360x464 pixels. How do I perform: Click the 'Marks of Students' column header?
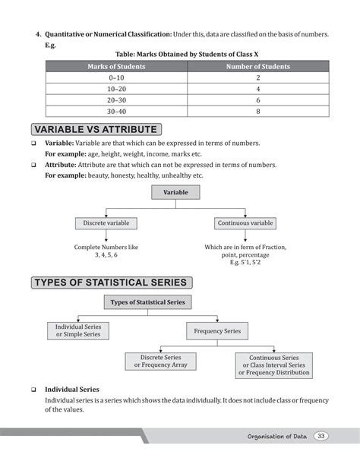116,67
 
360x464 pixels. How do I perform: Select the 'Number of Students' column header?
258,67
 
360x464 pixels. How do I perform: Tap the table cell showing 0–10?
116,78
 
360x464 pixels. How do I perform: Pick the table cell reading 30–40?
116,111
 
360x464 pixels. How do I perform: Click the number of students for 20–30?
258,100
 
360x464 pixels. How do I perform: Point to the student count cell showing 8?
258,111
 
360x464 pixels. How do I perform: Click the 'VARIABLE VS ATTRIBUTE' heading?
95,129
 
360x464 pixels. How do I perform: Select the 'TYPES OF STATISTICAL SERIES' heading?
110,283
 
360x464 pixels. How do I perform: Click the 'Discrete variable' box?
106,223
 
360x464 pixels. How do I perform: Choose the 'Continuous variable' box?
245,223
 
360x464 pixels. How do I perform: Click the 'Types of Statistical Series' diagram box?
148,302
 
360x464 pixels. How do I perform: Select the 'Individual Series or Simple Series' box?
78,331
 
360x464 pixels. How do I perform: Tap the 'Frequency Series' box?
217,331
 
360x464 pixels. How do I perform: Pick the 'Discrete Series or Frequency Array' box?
160,361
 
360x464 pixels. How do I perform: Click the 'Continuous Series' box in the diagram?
272,365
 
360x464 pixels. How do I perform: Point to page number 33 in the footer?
322,435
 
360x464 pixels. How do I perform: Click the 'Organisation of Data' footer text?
279,436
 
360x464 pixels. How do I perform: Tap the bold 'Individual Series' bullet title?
71,389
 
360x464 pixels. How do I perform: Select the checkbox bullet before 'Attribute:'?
34,164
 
